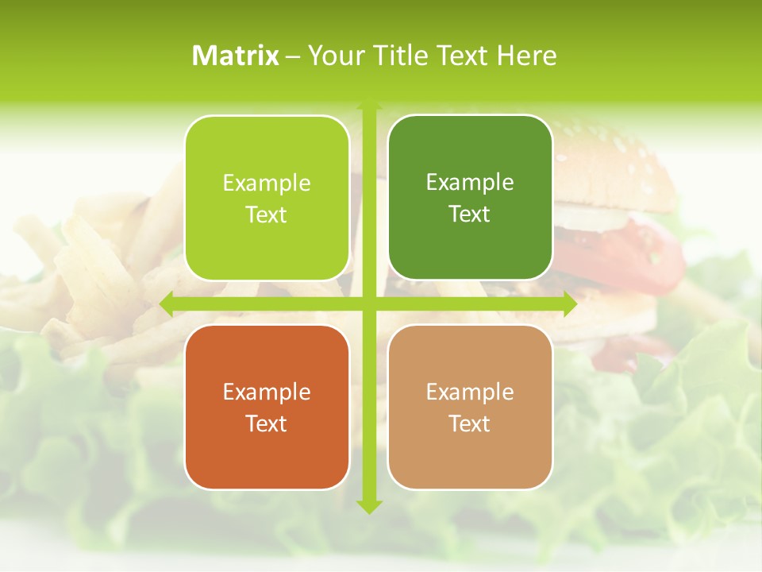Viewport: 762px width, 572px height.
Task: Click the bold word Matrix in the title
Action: tap(236, 56)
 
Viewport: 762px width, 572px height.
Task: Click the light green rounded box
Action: tap(267, 198)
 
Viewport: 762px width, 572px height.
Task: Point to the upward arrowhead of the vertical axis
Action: tap(368, 103)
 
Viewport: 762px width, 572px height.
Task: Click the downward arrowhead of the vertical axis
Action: tap(368, 506)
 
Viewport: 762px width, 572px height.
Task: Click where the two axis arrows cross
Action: tap(368, 303)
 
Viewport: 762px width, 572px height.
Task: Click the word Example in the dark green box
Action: tap(470, 183)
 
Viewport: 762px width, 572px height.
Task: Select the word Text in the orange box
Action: tap(267, 423)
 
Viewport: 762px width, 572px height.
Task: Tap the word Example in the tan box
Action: tap(470, 392)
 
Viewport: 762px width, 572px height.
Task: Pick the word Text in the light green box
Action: tap(267, 215)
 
